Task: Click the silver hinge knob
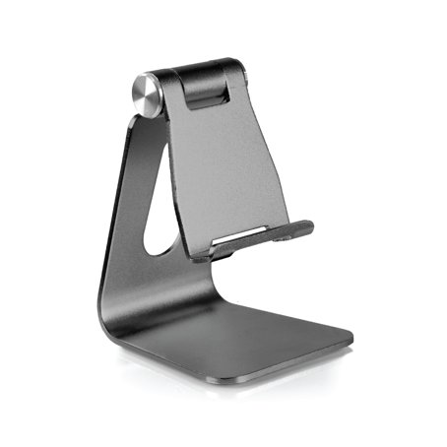pos(146,95)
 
